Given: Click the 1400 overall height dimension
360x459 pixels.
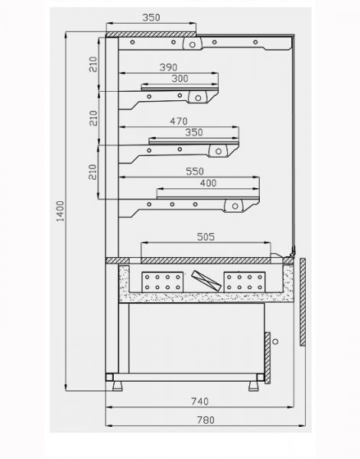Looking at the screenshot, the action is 60,211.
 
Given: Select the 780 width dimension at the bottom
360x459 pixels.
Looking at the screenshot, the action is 206,420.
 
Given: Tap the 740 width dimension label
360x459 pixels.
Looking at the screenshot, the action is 200,402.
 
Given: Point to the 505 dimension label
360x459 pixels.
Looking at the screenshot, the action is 206,236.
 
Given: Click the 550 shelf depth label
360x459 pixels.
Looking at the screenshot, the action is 195,171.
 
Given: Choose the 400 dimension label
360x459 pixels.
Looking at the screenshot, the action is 208,184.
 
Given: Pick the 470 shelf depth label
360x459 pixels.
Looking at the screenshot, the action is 179,121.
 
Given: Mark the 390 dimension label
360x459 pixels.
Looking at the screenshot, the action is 168,67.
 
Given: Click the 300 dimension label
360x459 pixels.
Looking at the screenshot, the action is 180,79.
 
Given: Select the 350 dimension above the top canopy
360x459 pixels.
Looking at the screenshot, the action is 151,18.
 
